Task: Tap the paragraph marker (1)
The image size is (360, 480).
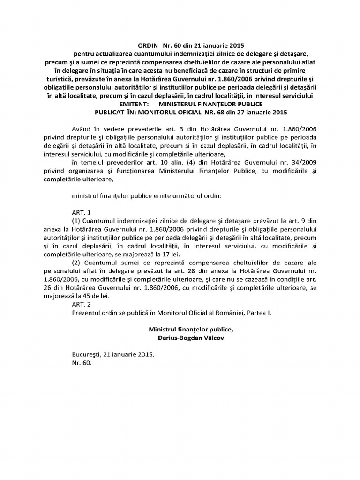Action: tap(76, 220)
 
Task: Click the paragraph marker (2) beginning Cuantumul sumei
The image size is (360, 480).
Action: tap(76, 262)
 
